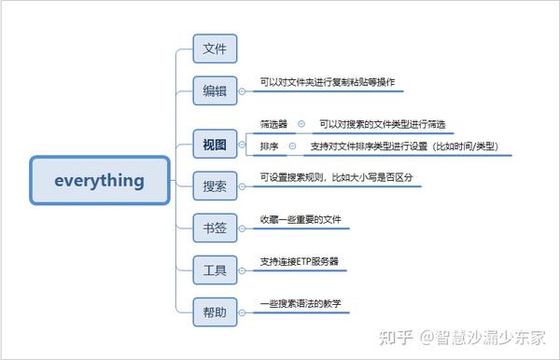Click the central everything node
pyautogui.click(x=100, y=180)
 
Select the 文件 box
pyautogui.click(x=215, y=48)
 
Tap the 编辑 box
pyautogui.click(x=215, y=90)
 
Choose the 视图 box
pyautogui.click(x=215, y=145)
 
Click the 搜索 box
pyautogui.click(x=215, y=187)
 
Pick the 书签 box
pyautogui.click(x=215, y=228)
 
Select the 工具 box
pyautogui.click(x=215, y=270)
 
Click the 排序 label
pyautogui.click(x=268, y=146)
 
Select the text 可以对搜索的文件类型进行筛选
pyautogui.click(x=382, y=124)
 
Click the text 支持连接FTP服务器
pyautogui.click(x=299, y=262)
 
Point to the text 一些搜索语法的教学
pyautogui.click(x=301, y=304)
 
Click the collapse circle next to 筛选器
pyautogui.click(x=301, y=124)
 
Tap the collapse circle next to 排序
pyautogui.click(x=292, y=146)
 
